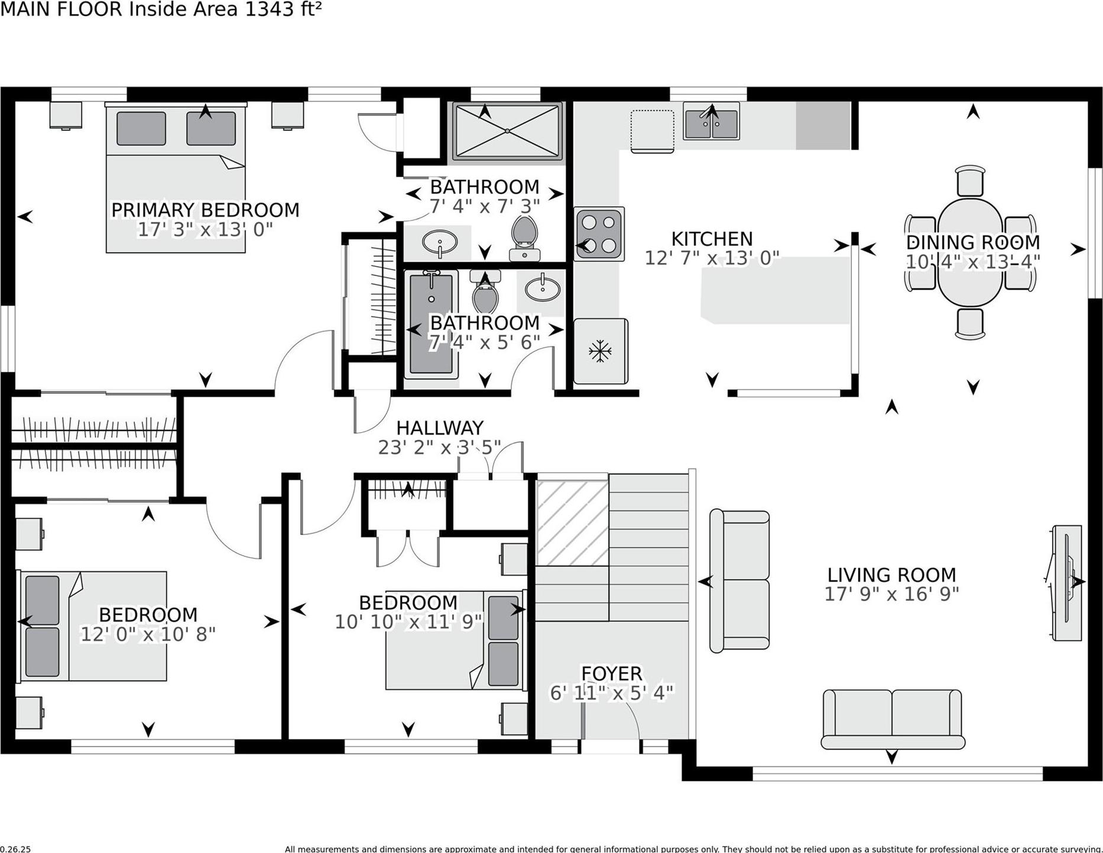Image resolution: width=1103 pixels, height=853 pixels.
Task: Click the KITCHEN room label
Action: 712,239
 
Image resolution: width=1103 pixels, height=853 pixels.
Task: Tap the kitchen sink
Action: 711,122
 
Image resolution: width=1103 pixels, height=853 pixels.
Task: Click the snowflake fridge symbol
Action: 600,351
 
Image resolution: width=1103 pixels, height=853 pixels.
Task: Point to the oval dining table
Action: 969,252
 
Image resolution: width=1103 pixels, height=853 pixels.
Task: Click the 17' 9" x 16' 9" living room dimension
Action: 891,594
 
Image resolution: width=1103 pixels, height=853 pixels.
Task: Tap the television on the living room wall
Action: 1068,582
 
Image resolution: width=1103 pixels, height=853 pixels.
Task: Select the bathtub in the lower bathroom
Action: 431,324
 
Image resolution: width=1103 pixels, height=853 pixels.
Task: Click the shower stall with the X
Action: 507,131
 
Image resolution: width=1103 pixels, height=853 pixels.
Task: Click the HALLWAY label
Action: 440,427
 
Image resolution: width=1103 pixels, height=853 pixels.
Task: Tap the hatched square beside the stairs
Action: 572,523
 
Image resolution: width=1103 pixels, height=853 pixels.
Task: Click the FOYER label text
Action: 611,673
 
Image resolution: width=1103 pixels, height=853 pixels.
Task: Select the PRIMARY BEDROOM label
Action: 205,210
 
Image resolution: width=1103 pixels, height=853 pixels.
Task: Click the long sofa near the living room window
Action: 892,719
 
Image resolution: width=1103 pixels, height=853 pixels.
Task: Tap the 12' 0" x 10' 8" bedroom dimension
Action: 148,634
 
